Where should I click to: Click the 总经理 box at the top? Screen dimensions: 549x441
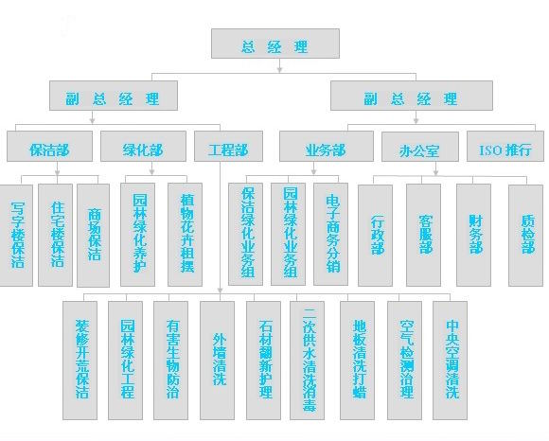tap(275, 44)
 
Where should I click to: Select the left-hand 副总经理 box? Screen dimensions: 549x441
tap(114, 96)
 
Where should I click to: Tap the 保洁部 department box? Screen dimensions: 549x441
tap(50, 146)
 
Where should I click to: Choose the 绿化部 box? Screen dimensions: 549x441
tap(143, 146)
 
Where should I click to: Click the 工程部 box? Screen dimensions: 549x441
tap(228, 146)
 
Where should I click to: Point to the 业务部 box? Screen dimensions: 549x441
tap(327, 146)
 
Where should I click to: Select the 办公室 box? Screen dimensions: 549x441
tap(420, 147)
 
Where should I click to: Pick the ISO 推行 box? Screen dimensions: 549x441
tap(505, 146)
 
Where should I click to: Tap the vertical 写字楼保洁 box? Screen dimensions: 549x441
tap(16, 236)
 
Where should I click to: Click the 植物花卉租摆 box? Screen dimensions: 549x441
tap(185, 235)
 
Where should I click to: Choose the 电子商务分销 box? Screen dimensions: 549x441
tap(331, 234)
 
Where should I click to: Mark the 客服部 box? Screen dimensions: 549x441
tap(423, 236)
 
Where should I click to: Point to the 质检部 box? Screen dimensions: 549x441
tap(526, 236)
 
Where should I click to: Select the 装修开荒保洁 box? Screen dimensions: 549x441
tap(80, 361)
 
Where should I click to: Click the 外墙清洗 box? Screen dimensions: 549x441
tap(217, 361)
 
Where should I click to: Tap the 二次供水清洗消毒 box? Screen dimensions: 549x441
tap(307, 361)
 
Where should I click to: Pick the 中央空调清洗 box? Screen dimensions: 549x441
tap(450, 361)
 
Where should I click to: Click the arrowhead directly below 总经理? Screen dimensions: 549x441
tap(279, 69)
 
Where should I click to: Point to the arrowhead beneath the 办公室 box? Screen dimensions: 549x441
tap(436, 172)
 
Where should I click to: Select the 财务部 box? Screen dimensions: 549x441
tap(473, 236)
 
